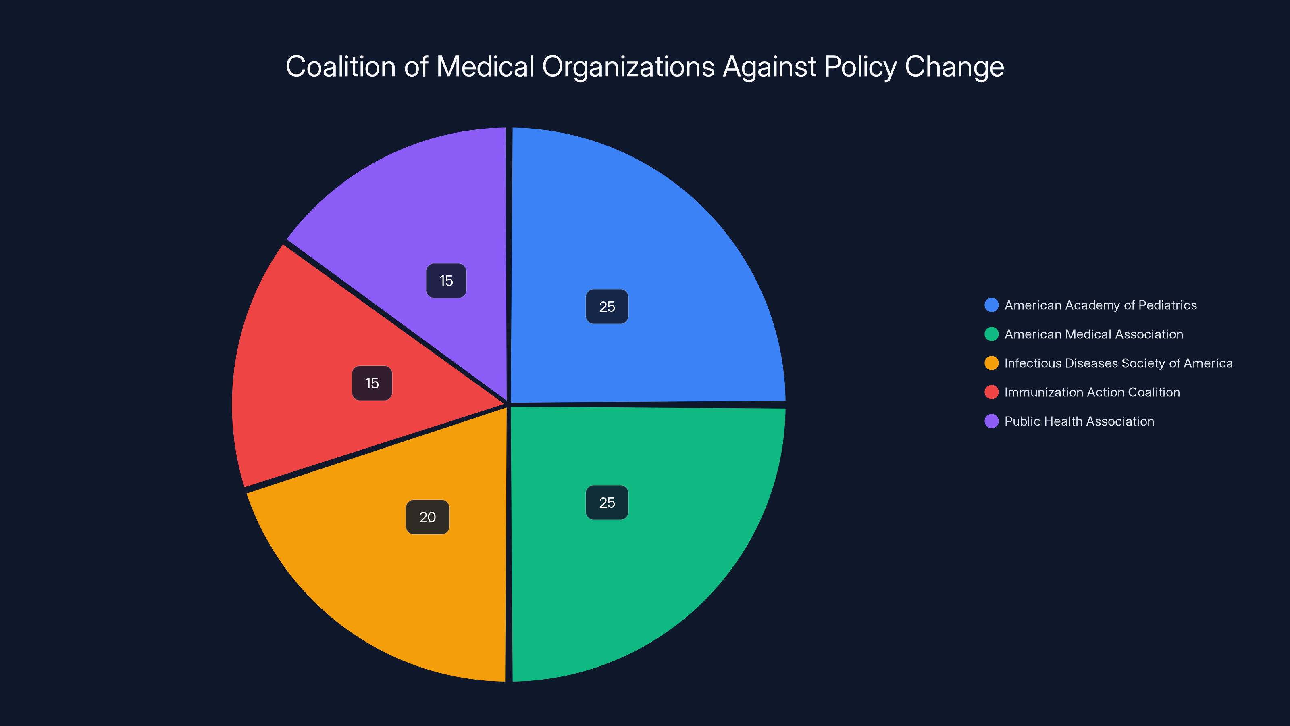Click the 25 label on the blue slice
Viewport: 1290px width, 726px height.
click(x=607, y=307)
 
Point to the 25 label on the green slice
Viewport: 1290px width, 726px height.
click(x=607, y=503)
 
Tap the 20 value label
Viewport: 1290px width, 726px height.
click(x=428, y=517)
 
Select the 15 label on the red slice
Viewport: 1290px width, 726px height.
click(x=372, y=383)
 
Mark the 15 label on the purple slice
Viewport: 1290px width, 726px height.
click(x=446, y=281)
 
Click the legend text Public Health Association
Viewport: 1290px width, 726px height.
click(x=1079, y=421)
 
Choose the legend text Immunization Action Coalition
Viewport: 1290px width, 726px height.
click(x=1092, y=392)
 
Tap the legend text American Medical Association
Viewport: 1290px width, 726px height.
click(x=1094, y=334)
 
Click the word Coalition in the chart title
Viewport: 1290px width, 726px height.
click(x=341, y=67)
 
